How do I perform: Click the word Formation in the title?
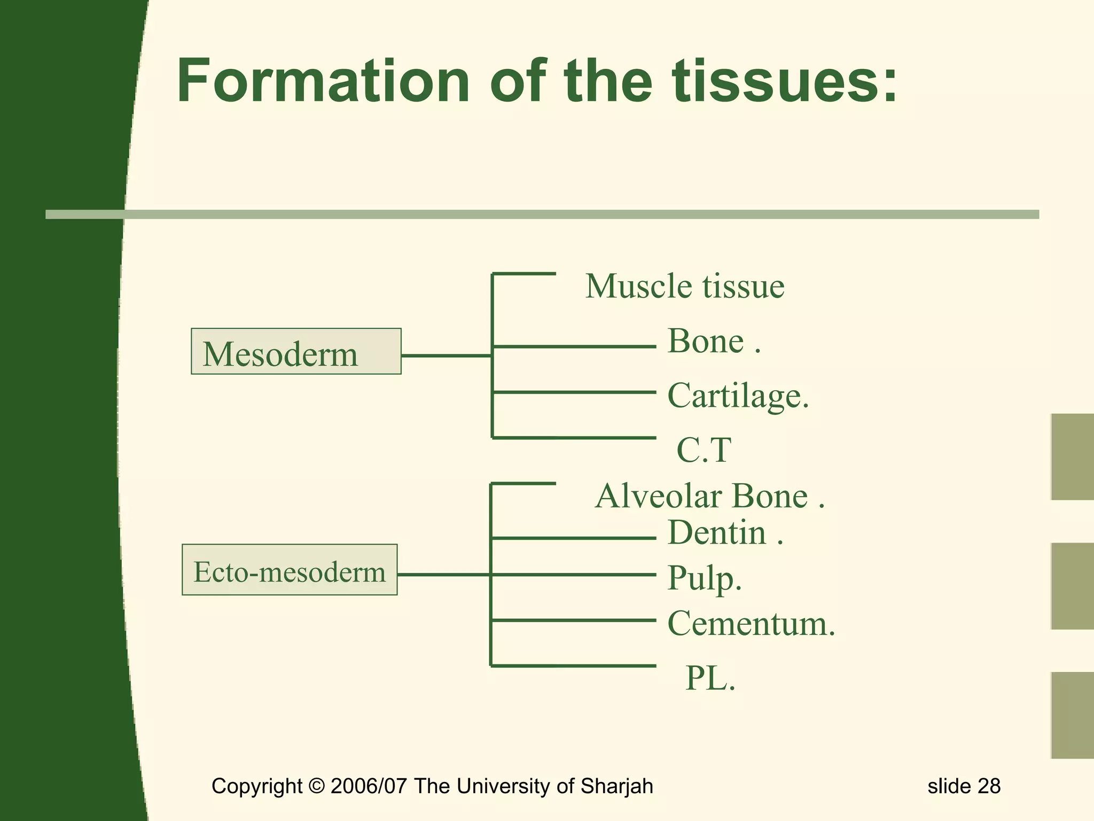coord(323,81)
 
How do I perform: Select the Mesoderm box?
coord(296,352)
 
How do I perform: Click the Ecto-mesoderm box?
coord(290,570)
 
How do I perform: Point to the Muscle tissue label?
coord(685,286)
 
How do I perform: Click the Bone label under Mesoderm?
coord(706,341)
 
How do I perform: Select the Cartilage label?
coord(738,396)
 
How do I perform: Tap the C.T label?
coord(704,450)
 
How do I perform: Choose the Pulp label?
coord(704,578)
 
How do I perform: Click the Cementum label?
coord(751,624)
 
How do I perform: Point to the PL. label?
coord(710,679)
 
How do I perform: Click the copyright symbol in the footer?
coord(317,786)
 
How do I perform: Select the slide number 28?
coord(989,786)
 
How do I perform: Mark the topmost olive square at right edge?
coord(1072,457)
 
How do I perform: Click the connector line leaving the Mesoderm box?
coord(446,355)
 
